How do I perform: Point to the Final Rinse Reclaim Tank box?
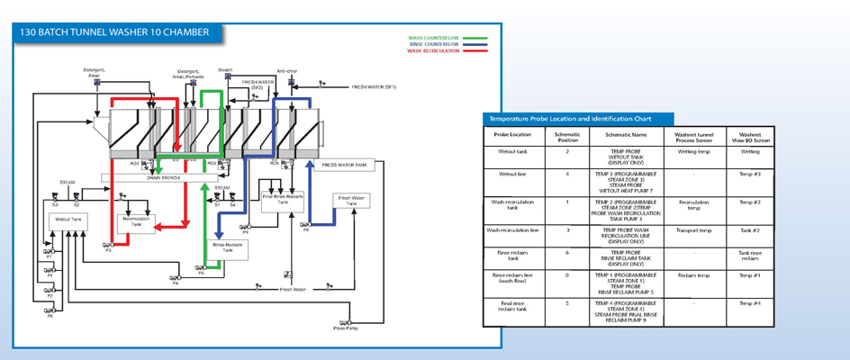282,200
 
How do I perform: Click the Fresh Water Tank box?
351,202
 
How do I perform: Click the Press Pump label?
345,328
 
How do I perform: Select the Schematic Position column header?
568,135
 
